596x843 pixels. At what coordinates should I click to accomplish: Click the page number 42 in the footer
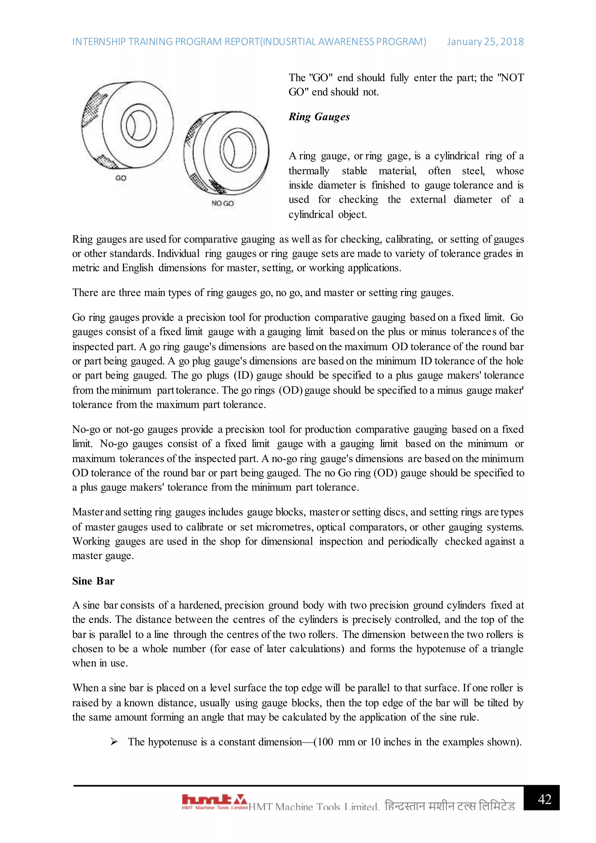pyautogui.click(x=544, y=799)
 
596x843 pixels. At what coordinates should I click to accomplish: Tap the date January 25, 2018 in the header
pyautogui.click(x=485, y=42)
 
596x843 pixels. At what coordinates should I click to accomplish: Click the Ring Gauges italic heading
pyautogui.click(x=319, y=117)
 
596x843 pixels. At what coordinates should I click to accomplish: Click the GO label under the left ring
pyautogui.click(x=121, y=178)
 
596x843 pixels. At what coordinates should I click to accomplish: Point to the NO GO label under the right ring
pyautogui.click(x=222, y=203)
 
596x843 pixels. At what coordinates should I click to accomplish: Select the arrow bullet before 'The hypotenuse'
pyautogui.click(x=114, y=742)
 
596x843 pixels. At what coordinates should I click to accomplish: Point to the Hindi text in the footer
pyautogui.click(x=450, y=806)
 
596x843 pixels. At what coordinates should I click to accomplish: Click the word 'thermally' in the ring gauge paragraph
pyautogui.click(x=309, y=171)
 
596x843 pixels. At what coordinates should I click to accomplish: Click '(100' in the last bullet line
pyautogui.click(x=323, y=742)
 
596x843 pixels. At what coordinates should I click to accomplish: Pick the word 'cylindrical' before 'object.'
pyautogui.click(x=311, y=215)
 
